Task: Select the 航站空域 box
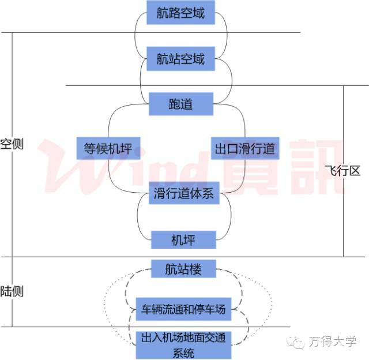click(180, 59)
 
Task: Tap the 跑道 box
click(180, 104)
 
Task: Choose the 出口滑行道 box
click(244, 148)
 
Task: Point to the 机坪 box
click(184, 239)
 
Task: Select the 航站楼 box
click(183, 269)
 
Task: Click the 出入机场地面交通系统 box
click(183, 344)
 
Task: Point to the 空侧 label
click(12, 144)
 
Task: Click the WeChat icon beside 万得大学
click(299, 342)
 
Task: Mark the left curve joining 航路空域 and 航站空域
click(135, 36)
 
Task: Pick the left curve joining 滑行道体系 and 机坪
click(138, 217)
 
